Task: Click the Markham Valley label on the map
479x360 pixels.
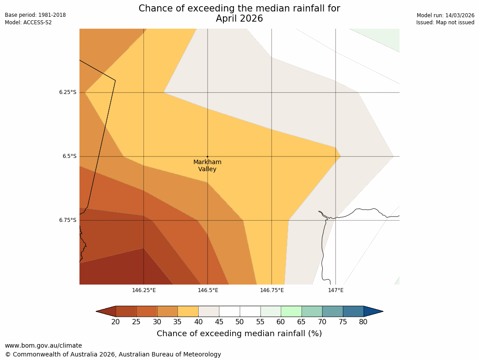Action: point(207,165)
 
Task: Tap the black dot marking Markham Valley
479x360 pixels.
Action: point(207,156)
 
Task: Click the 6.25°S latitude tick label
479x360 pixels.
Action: point(68,92)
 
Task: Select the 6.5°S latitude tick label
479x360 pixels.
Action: point(69,156)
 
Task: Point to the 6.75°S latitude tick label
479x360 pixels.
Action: point(68,220)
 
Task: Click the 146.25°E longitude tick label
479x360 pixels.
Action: point(144,290)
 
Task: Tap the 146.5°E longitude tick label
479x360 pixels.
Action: point(208,290)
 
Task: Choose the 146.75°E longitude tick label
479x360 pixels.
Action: point(272,290)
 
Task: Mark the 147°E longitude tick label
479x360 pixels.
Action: point(336,290)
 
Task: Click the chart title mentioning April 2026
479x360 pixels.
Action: point(239,13)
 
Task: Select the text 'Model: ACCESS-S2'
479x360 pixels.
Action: point(28,22)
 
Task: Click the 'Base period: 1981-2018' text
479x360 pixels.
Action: point(35,15)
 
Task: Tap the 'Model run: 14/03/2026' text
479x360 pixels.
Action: point(445,15)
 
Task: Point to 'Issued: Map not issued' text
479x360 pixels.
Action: point(445,22)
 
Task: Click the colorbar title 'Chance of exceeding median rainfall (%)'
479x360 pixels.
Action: point(239,334)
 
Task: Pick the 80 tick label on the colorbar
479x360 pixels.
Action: point(363,322)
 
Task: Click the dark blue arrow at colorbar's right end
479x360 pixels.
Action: point(373,311)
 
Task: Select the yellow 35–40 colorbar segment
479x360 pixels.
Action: point(188,311)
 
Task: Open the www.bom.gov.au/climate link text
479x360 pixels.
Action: point(43,345)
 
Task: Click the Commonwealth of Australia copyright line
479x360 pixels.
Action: point(113,354)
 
